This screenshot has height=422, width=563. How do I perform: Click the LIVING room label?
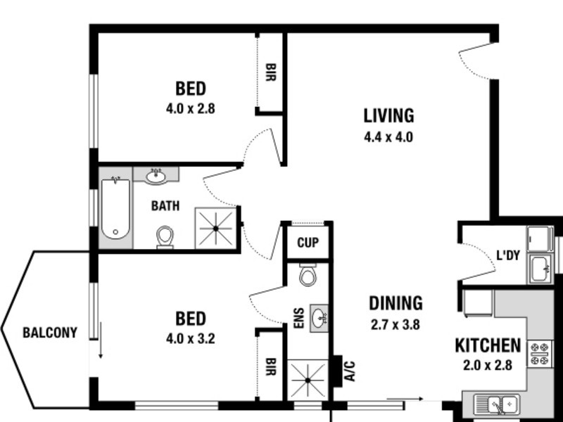tap(388, 115)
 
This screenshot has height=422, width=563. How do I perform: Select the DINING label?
tap(396, 303)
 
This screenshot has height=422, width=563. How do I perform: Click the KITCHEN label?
tap(488, 345)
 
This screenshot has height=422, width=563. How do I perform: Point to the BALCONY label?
tap(49, 333)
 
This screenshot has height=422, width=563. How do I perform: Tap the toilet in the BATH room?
tap(165, 236)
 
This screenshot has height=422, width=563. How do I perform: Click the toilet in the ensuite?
tap(308, 274)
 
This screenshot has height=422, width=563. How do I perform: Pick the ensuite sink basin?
tap(320, 317)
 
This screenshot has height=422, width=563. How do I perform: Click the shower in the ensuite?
tap(308, 381)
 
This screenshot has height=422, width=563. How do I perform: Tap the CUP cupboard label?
tap(308, 243)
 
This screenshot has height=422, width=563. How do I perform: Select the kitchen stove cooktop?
tap(540, 354)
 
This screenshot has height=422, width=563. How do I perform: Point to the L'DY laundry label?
tap(507, 255)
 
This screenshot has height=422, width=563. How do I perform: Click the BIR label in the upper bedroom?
tap(270, 71)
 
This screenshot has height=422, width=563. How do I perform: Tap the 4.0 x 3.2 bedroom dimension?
tap(190, 338)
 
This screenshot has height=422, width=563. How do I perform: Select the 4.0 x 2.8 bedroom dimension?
tap(190, 109)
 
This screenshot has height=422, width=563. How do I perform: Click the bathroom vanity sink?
tap(156, 176)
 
